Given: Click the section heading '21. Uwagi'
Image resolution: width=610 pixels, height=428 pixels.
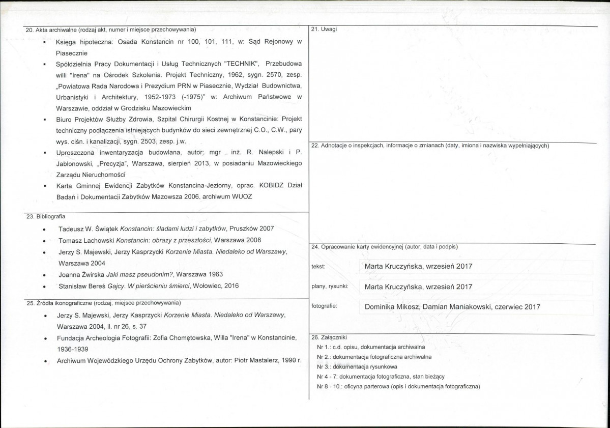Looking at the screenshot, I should click(324, 29).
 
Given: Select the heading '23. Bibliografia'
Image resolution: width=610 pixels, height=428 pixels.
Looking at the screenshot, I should click(43, 216).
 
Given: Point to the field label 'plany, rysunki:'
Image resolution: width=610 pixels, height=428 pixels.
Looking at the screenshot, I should click(329, 287).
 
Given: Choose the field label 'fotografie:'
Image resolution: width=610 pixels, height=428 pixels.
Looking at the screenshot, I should click(324, 306).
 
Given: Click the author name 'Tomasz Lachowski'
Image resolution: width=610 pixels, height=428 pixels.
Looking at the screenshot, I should click(86, 240).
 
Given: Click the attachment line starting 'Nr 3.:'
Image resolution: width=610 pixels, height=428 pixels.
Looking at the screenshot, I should click(357, 366).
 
